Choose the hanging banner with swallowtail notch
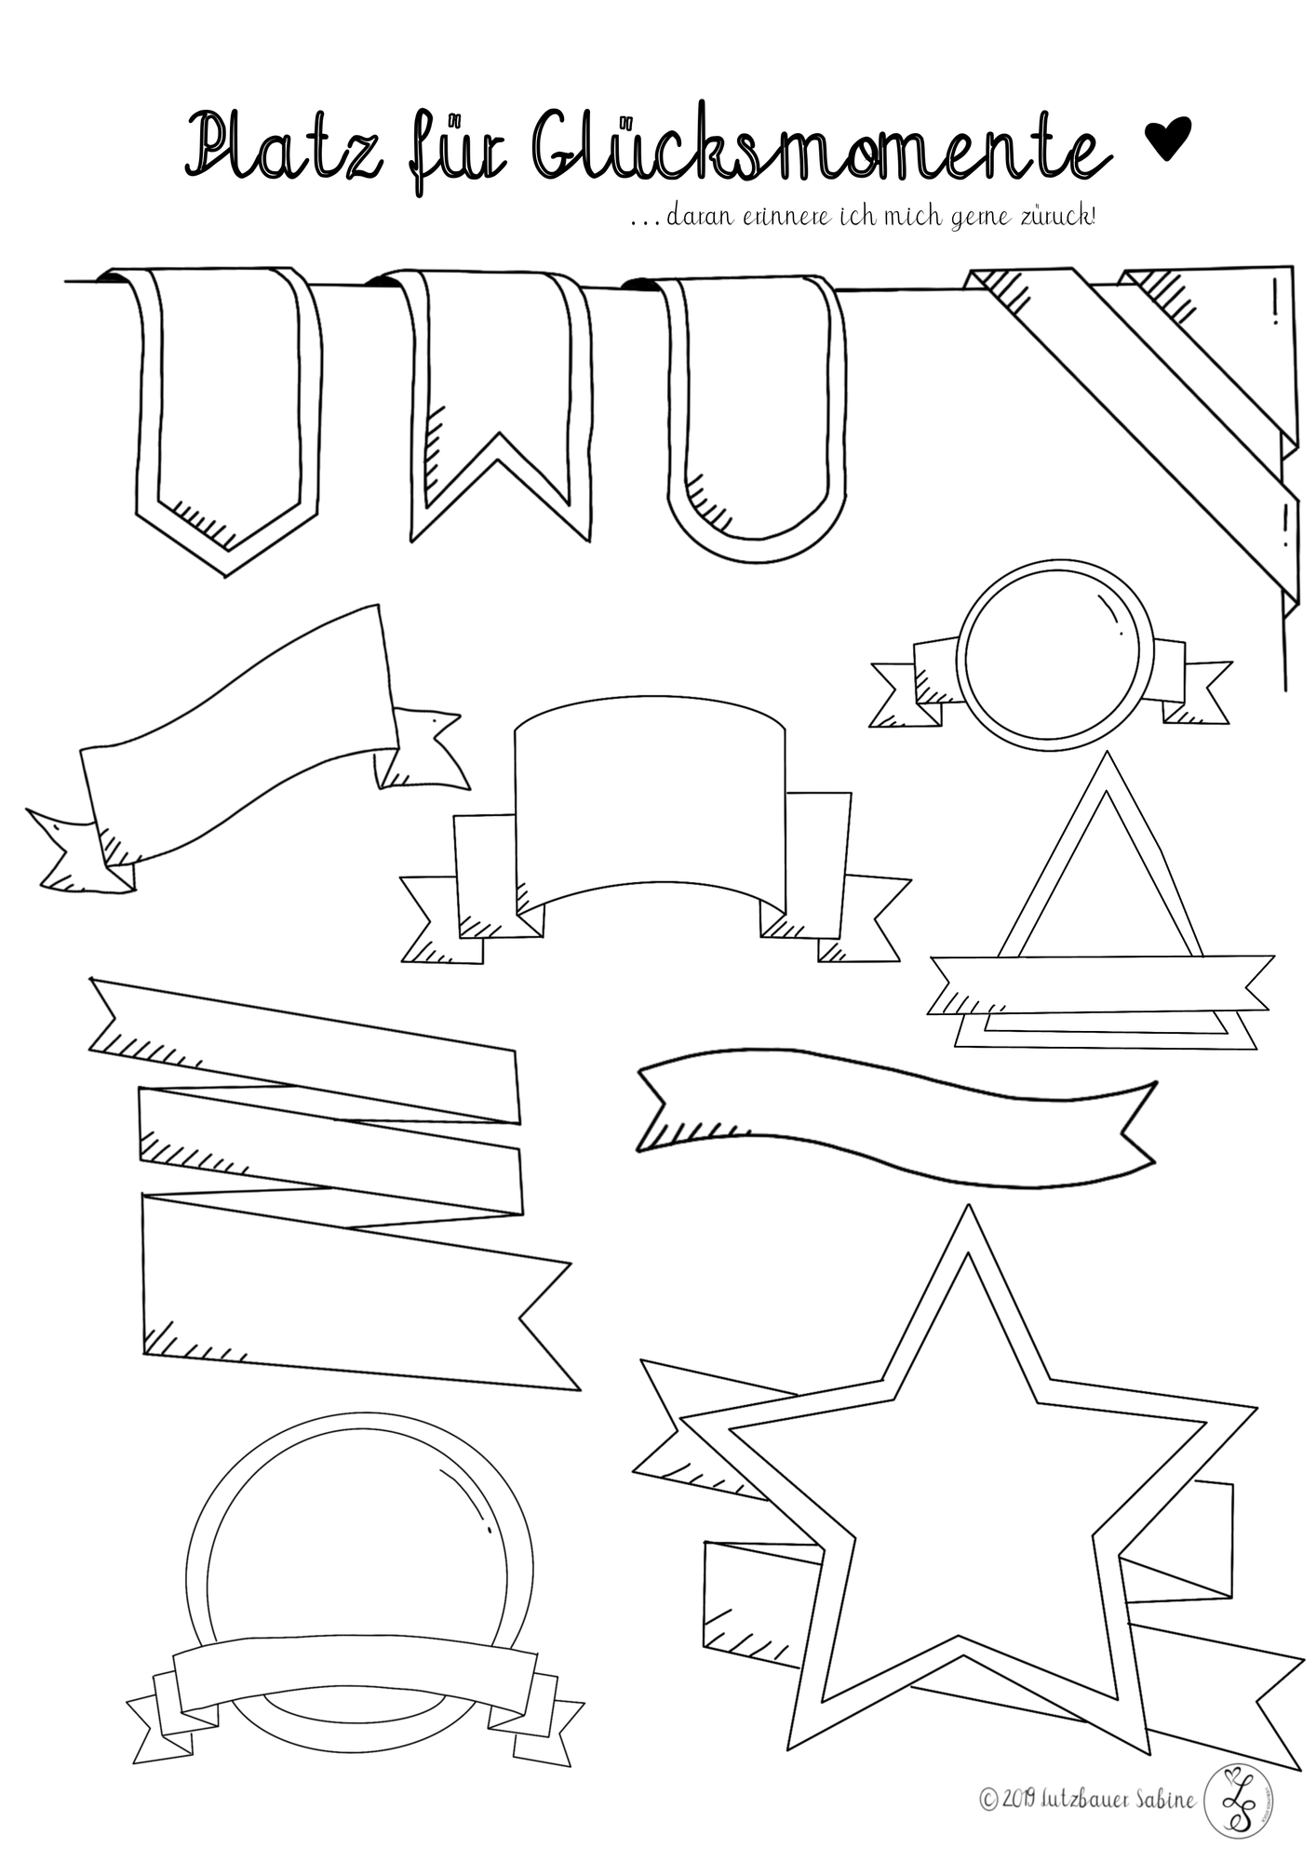click(493, 405)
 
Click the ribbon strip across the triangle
click(1100, 983)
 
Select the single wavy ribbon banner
click(896, 1118)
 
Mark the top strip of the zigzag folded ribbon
click(304, 1050)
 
